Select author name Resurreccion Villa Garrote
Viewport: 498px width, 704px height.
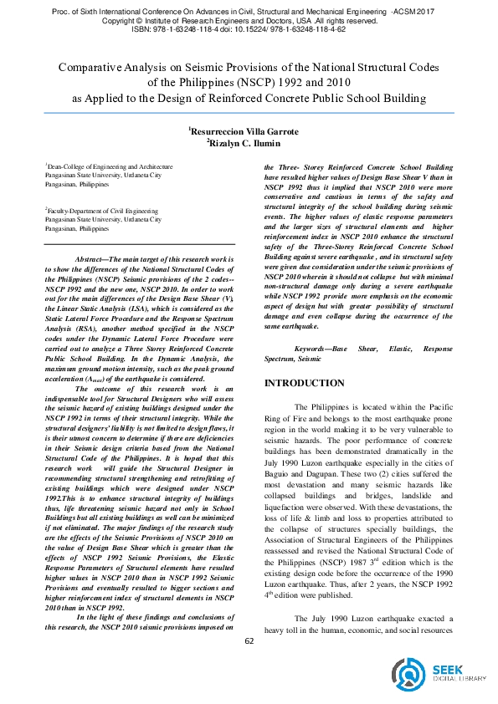pyautogui.click(x=249, y=131)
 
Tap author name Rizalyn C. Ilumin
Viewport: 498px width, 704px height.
pyautogui.click(x=249, y=143)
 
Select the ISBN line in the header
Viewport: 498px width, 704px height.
pyautogui.click(x=249, y=28)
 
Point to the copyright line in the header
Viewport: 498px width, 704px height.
pyautogui.click(x=249, y=18)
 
